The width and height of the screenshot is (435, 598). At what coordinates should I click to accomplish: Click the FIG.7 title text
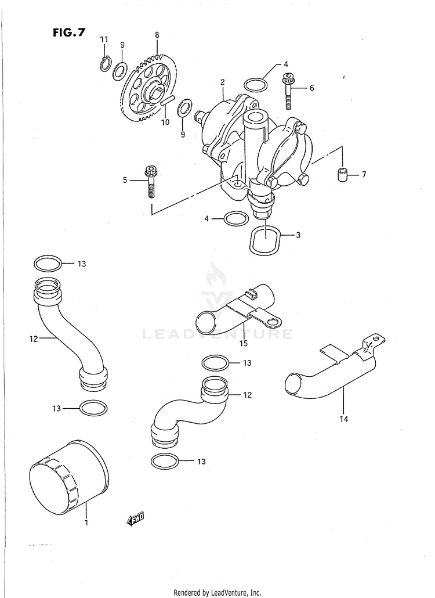pyautogui.click(x=68, y=33)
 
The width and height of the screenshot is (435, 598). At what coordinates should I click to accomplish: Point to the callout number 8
pyautogui.click(x=157, y=35)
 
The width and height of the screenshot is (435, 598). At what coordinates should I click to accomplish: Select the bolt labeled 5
pyautogui.click(x=153, y=181)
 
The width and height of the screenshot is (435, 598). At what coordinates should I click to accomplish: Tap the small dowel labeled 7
pyautogui.click(x=343, y=174)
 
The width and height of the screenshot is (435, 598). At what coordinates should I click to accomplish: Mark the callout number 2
pyautogui.click(x=222, y=82)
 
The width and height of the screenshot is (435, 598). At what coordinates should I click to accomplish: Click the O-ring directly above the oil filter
pyautogui.click(x=92, y=408)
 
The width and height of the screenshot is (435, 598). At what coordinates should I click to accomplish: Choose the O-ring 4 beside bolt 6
pyautogui.click(x=256, y=85)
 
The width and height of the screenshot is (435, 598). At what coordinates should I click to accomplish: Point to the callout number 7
pyautogui.click(x=364, y=174)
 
